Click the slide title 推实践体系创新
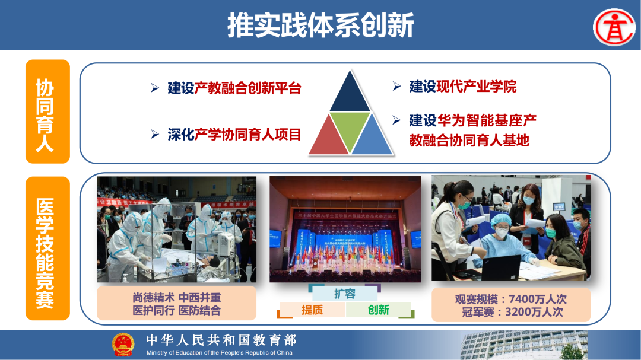tap(320, 26)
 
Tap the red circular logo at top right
tap(614, 27)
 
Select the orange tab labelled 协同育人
tap(47, 111)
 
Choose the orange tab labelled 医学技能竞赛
tap(47, 248)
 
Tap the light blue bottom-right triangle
tap(372, 139)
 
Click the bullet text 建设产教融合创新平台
tap(234, 89)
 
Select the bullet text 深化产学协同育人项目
tap(234, 135)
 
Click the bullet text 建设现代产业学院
tap(463, 87)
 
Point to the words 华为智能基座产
tap(487, 120)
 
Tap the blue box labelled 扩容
tap(345, 293)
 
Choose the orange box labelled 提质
tap(312, 310)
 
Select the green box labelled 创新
tap(379, 310)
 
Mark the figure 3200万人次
tap(534, 312)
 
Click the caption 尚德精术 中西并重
tap(176, 297)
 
